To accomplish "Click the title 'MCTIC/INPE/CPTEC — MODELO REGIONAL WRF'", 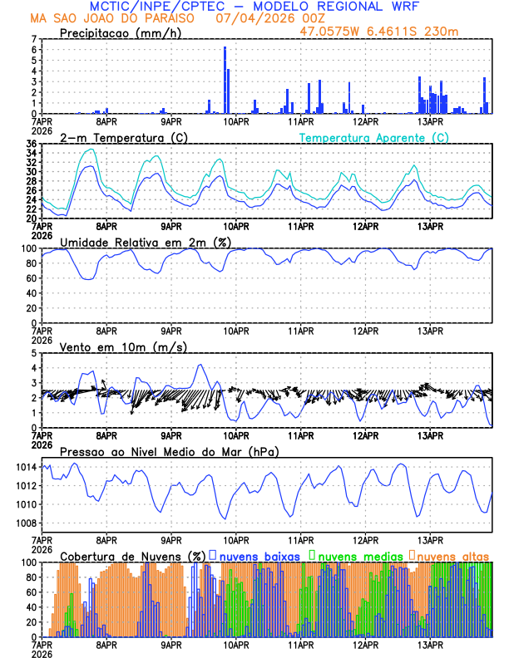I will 254,7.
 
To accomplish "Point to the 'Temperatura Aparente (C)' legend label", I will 373,137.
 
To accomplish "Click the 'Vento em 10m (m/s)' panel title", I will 123,346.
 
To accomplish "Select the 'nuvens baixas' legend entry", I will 260,555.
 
